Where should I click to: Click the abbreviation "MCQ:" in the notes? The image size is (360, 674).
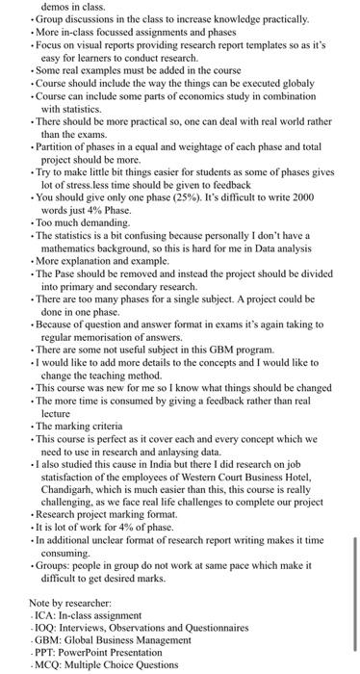point(51,663)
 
